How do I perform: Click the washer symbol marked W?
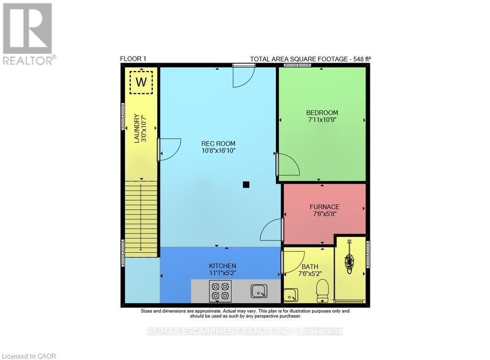141,82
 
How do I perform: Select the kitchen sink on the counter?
259,291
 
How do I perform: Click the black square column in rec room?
246,185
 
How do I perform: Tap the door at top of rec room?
243,76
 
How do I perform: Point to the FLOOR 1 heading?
133,59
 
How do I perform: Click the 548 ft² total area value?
362,59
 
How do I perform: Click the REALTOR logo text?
28,60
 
